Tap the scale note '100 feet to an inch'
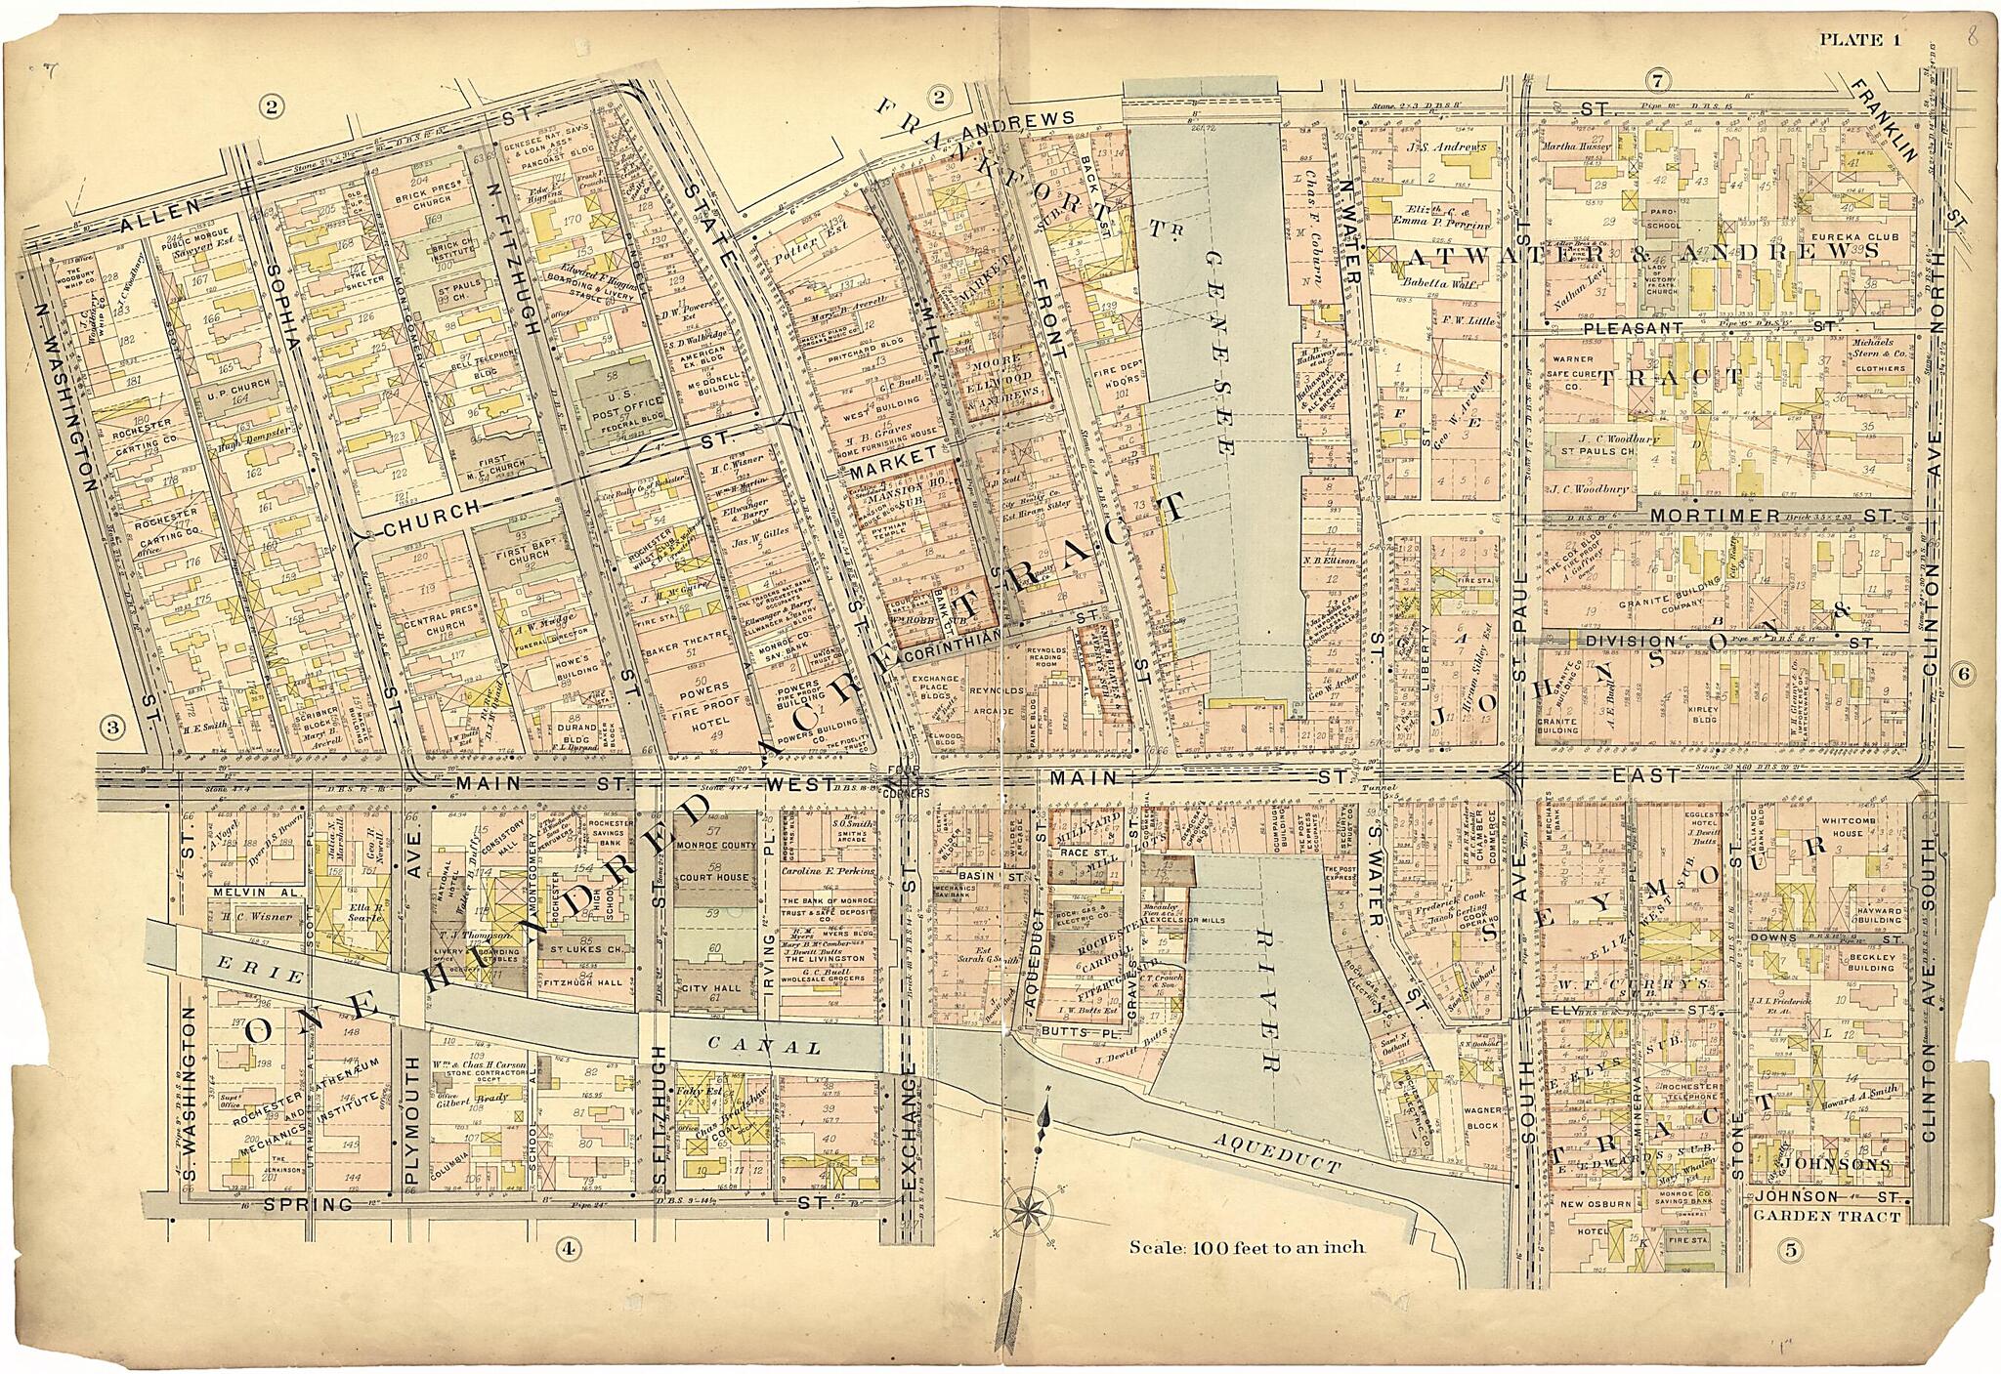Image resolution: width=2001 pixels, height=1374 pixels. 1247,1247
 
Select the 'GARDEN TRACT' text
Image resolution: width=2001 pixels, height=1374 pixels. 1826,1217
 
